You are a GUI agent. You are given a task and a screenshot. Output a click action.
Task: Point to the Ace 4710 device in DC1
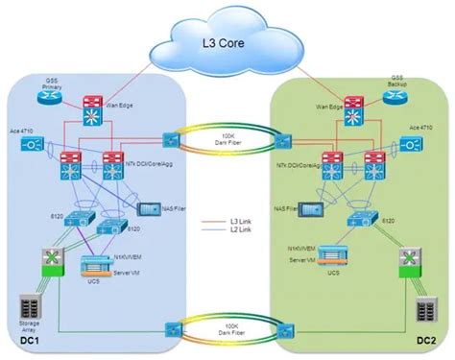[30, 146]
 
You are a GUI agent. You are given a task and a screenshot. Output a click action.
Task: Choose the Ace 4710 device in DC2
[414, 146]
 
